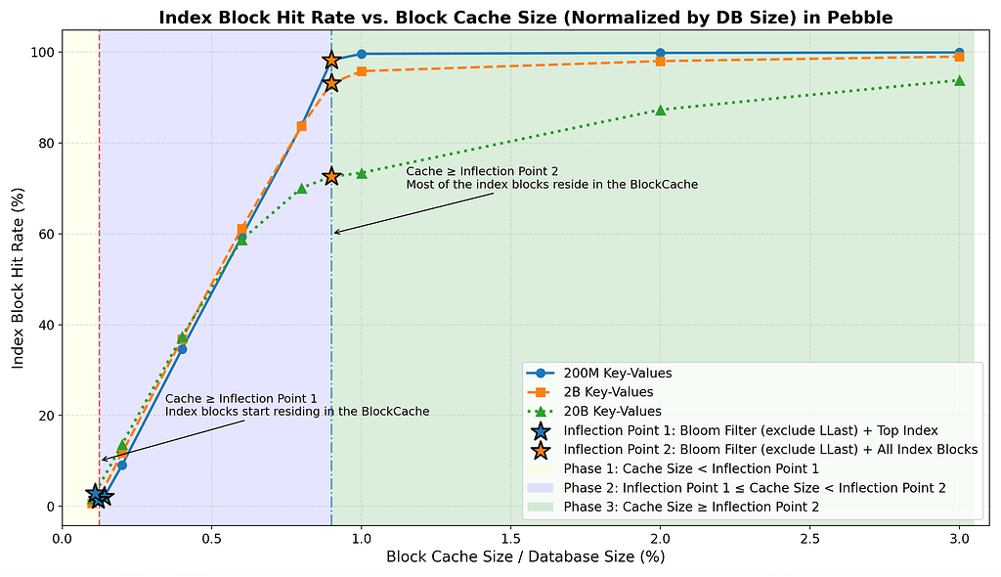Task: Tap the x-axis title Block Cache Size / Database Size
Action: (525, 557)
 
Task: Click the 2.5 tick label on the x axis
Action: (809, 537)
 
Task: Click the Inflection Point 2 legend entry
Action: (770, 449)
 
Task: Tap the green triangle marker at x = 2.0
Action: (661, 110)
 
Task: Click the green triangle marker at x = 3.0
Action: (959, 80)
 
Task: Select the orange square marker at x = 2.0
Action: (661, 61)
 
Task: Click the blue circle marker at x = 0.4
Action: (182, 348)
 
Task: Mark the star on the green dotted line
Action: (331, 176)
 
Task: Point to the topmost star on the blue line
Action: (331, 61)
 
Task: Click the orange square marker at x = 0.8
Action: (301, 126)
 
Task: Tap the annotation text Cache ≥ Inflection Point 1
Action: (241, 399)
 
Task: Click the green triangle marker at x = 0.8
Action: (301, 188)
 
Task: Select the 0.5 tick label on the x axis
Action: (212, 537)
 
